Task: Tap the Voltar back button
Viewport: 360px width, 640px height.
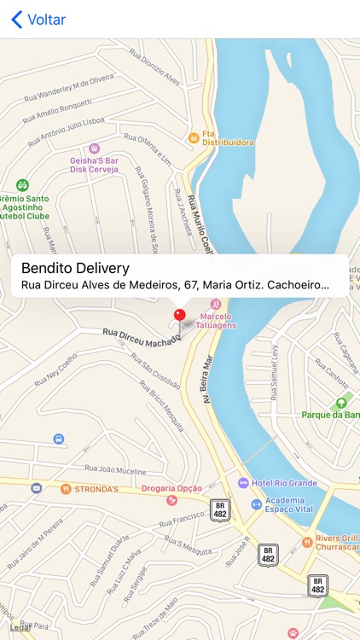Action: click(38, 20)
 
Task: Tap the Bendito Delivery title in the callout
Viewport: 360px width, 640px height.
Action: click(75, 267)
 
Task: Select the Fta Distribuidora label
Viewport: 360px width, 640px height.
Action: click(227, 143)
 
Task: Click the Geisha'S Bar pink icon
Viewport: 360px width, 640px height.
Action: click(94, 148)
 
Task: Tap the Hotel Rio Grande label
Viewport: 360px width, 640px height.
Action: click(284, 483)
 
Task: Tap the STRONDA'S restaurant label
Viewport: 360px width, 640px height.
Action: click(95, 489)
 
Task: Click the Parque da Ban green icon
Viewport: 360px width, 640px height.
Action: click(342, 403)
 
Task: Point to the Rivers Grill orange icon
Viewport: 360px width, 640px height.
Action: click(307, 541)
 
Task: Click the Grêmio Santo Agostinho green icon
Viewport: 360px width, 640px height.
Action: click(22, 185)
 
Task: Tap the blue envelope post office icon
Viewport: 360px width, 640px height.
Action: click(36, 488)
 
